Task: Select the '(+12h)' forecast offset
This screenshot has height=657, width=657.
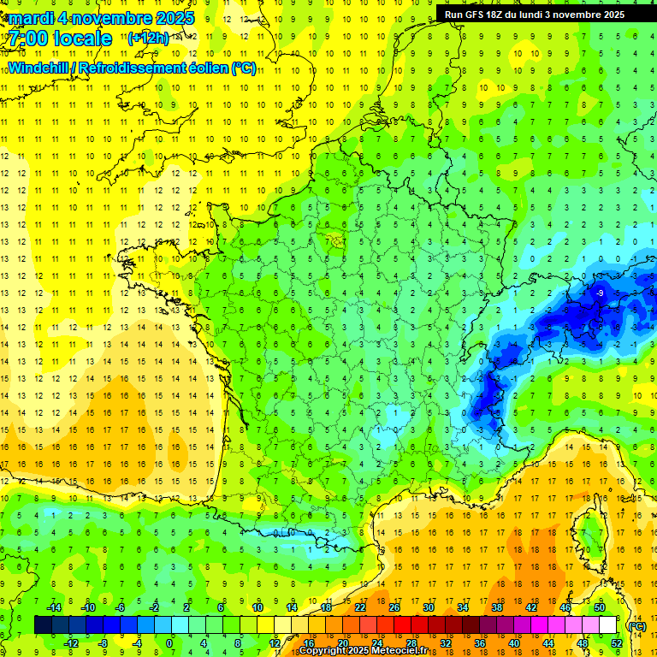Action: click(x=149, y=38)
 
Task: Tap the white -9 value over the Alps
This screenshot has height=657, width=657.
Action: click(x=601, y=293)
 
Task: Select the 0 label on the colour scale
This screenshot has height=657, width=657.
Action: click(x=170, y=642)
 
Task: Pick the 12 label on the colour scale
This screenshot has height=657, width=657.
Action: click(x=274, y=642)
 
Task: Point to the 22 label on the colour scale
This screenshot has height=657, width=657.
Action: click(x=360, y=607)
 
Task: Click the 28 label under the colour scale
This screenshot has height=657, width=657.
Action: click(x=411, y=642)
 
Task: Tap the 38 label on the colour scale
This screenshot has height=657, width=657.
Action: click(x=497, y=607)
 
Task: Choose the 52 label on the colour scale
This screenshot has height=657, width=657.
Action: click(x=617, y=642)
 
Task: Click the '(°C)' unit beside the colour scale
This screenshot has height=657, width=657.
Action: click(x=637, y=625)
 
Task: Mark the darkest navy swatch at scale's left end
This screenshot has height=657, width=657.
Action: click(x=43, y=624)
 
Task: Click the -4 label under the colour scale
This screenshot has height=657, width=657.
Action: click(x=136, y=642)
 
